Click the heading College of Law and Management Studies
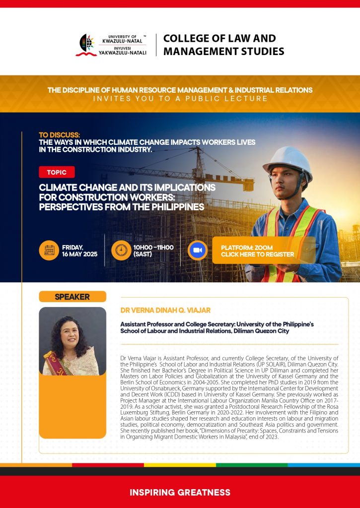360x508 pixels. pyautogui.click(x=223, y=45)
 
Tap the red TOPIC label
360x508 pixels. pyautogui.click(x=57, y=172)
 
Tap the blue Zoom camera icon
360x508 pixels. pyautogui.click(x=197, y=250)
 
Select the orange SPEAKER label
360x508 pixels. pyautogui.click(x=72, y=297)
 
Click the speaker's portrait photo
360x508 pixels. pyautogui.click(x=72, y=341)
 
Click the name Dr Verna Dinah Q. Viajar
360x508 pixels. pyautogui.click(x=165, y=310)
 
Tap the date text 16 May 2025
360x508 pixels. pyautogui.click(x=79, y=254)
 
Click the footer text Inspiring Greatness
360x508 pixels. pyautogui.click(x=180, y=493)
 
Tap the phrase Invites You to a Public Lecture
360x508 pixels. pyautogui.click(x=180, y=99)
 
